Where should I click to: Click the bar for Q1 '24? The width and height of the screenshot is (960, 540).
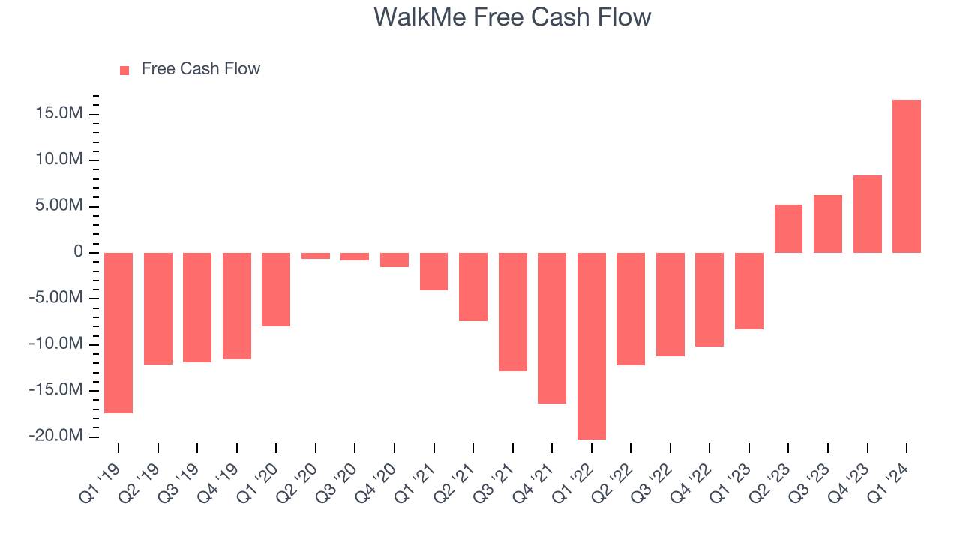tap(907, 176)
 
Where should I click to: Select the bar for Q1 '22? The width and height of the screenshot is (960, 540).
tap(592, 346)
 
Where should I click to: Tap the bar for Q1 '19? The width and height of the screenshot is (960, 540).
tap(118, 333)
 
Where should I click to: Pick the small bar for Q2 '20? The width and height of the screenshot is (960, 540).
tap(316, 256)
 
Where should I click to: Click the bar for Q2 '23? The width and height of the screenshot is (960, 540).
tap(788, 229)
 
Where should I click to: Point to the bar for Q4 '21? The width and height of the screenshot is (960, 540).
tap(552, 328)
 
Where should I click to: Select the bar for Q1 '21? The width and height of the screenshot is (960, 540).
tap(433, 271)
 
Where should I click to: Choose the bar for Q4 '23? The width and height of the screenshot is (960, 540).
tap(867, 214)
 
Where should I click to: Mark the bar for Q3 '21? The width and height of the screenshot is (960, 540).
tap(513, 312)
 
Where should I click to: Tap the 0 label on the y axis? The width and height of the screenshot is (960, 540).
tap(78, 252)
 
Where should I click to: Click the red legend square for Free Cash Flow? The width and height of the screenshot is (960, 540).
tap(124, 70)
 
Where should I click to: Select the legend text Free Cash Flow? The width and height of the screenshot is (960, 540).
tap(200, 69)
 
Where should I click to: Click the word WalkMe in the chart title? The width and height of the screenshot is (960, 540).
tap(420, 17)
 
